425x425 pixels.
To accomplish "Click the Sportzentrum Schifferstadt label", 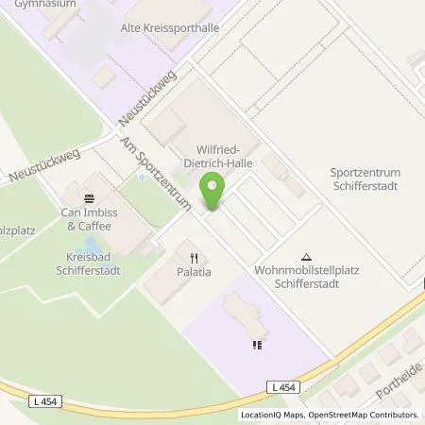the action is [x=364, y=178].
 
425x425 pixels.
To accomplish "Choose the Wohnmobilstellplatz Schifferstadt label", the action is [x=305, y=276].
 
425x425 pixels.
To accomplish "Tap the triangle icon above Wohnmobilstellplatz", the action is [x=305, y=256].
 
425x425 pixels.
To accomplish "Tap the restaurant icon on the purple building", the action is [x=256, y=344].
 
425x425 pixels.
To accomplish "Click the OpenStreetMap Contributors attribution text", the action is [x=368, y=415].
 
